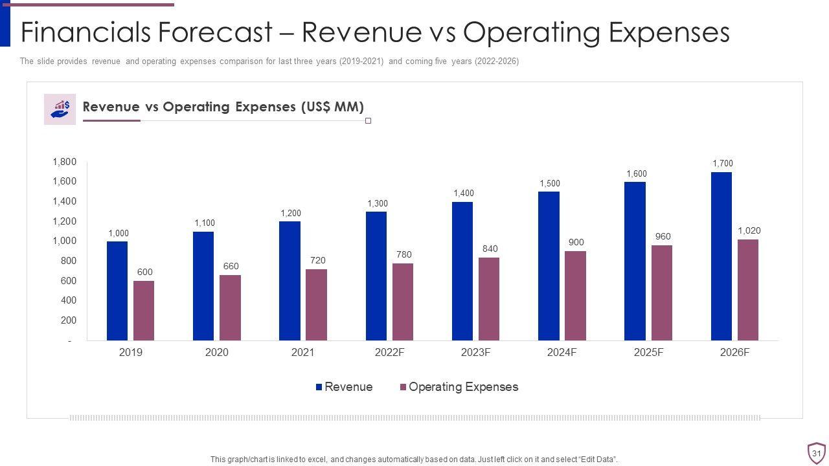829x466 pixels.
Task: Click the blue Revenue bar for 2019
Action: [x=117, y=291]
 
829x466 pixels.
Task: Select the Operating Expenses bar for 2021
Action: [x=316, y=305]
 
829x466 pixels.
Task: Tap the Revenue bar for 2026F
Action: [x=721, y=256]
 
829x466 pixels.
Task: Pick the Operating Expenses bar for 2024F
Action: [x=575, y=296]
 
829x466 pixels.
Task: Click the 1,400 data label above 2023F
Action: [x=464, y=194]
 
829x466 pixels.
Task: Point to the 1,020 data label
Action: [x=749, y=231]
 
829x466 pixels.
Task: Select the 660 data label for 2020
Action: [x=231, y=266]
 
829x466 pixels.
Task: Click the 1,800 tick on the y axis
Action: [x=65, y=162]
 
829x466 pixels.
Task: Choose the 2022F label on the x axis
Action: [x=389, y=353]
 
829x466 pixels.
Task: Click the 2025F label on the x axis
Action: [x=648, y=353]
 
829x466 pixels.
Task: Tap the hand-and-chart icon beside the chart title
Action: [x=60, y=109]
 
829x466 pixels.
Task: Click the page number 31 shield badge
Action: [x=816, y=453]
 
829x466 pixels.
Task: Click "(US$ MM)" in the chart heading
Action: [x=332, y=107]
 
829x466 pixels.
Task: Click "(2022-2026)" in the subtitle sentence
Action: [x=497, y=61]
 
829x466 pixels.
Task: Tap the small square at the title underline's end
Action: [x=369, y=121]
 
